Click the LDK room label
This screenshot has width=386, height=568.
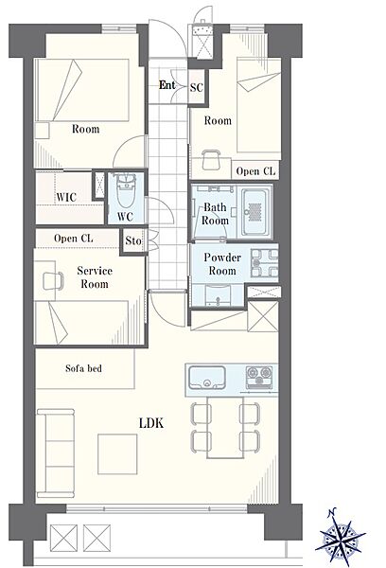(151, 423)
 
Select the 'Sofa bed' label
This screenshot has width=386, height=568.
(83, 368)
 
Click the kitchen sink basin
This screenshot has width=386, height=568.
(207, 378)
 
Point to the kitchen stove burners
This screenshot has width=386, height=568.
(259, 376)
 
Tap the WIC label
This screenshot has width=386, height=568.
(66, 197)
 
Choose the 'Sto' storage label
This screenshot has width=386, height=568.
(133, 240)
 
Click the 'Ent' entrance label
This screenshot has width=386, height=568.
(167, 85)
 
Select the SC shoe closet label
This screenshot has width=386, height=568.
(197, 87)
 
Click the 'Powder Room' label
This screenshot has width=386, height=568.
(222, 264)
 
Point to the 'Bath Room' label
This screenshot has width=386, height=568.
(215, 214)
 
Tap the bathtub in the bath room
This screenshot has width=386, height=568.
(256, 212)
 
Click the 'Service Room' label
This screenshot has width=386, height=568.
(95, 277)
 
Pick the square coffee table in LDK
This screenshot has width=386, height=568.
(117, 454)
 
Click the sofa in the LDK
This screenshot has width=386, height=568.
(56, 453)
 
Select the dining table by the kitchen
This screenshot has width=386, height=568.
(225, 428)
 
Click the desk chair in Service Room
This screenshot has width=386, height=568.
(53, 281)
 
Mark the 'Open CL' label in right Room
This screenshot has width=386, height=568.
(255, 171)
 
